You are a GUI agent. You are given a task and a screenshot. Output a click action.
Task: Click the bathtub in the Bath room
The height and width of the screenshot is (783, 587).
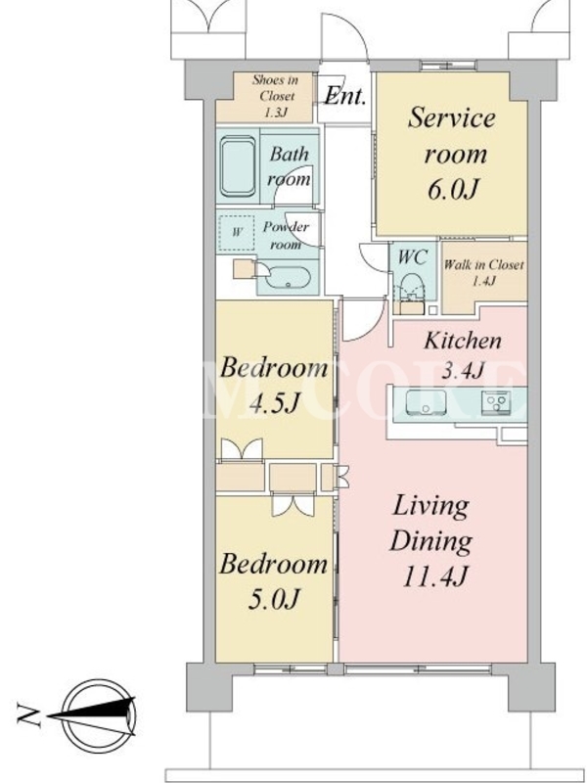(238, 166)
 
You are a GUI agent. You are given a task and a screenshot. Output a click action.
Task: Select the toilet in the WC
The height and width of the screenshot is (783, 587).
(412, 288)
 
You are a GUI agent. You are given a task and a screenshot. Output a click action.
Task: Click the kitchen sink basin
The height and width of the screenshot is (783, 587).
(426, 402)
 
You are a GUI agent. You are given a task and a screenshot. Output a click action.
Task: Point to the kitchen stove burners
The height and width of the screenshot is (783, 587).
(496, 402)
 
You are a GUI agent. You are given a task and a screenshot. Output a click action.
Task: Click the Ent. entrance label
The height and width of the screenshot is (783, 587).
(345, 96)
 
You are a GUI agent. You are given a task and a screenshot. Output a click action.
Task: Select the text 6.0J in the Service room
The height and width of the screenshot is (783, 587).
(453, 189)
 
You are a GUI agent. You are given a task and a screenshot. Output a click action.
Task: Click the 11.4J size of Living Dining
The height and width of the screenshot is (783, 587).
(434, 576)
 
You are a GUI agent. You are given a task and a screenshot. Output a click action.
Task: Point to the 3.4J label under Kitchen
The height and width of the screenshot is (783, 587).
(462, 371)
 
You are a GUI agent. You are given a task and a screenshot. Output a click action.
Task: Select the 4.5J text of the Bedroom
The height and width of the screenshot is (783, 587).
(274, 403)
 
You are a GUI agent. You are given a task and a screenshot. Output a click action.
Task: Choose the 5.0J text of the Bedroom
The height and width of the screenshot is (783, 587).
(274, 599)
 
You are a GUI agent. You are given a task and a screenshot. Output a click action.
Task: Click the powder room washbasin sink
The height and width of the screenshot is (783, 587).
(288, 278)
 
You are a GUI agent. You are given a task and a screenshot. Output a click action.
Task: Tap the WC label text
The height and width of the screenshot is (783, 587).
(412, 256)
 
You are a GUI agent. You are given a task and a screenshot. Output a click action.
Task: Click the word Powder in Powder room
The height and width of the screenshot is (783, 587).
(286, 227)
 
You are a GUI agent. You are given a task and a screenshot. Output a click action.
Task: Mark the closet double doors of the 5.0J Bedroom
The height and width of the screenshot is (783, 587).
(293, 504)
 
